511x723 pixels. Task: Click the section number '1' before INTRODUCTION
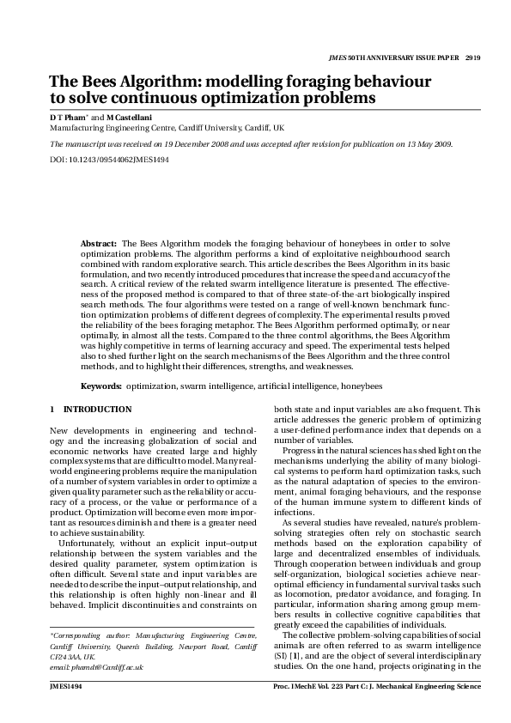[x=52, y=410]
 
